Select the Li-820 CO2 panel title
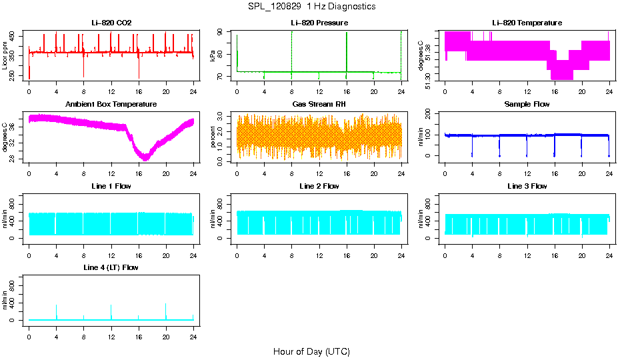[x=111, y=23]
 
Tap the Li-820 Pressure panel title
[x=319, y=23]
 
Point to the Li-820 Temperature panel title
[x=527, y=23]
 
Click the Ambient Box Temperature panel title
[x=111, y=104]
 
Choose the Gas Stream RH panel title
[x=319, y=104]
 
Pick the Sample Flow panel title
[x=527, y=104]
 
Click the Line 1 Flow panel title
[x=111, y=186]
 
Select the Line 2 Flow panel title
[x=319, y=186]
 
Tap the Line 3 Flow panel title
[x=527, y=186]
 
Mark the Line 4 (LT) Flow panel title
[x=111, y=267]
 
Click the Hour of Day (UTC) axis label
[x=311, y=351]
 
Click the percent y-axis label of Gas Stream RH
[x=213, y=137]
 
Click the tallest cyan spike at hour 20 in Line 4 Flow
[x=166, y=305]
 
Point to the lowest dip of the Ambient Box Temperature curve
[x=145, y=158]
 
